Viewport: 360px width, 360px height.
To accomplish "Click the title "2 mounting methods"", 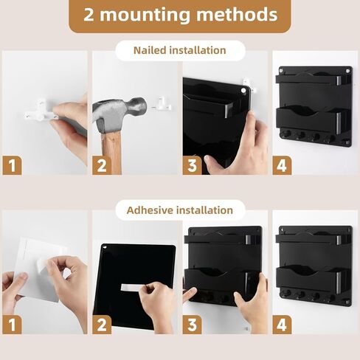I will click(x=180, y=15).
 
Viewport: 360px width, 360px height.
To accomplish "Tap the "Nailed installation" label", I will click(x=179, y=50).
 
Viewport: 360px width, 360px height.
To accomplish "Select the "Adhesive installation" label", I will click(x=179, y=210).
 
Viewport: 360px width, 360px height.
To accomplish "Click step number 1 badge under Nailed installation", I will click(x=11, y=165).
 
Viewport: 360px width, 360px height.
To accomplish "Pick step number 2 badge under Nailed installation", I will click(x=101, y=165).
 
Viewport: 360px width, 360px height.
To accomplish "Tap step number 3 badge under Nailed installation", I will click(x=192, y=165).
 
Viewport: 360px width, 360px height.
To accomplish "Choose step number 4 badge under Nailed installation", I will click(x=282, y=165).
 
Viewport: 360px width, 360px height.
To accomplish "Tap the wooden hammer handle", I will click(x=111, y=155).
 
